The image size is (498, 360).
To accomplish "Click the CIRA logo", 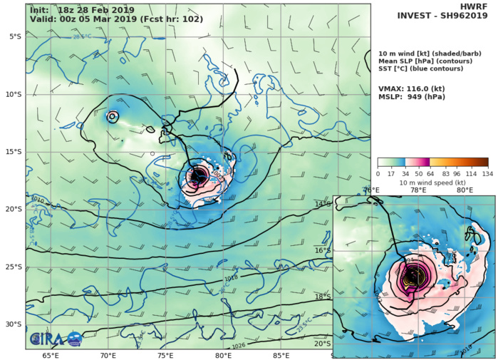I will (56, 339).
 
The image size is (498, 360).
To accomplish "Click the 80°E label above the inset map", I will (465, 190).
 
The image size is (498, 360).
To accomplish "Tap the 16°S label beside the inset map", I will (323, 250).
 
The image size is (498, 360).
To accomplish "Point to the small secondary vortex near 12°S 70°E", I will (113, 115).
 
